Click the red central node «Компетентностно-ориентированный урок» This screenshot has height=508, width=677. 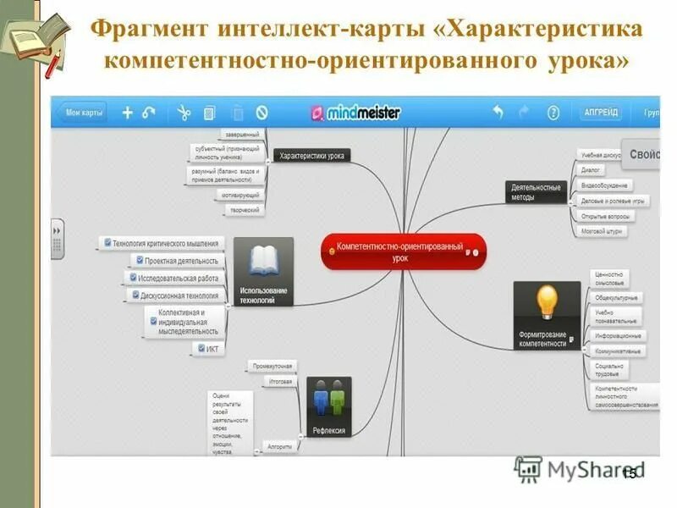pyautogui.click(x=403, y=251)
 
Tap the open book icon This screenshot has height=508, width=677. pyautogui.click(x=263, y=259)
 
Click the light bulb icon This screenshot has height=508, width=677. pyautogui.click(x=547, y=301)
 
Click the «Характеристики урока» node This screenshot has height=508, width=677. pyautogui.click(x=311, y=156)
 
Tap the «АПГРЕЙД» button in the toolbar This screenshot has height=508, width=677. pyautogui.click(x=601, y=113)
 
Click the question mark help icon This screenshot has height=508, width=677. pyautogui.click(x=553, y=113)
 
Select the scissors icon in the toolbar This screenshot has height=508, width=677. pyautogui.click(x=183, y=113)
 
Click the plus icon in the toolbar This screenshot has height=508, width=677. pyautogui.click(x=128, y=113)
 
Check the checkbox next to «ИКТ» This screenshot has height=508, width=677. pyautogui.click(x=201, y=348)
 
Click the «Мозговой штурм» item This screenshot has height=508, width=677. pyautogui.click(x=602, y=230)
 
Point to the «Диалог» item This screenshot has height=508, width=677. pyautogui.click(x=591, y=170)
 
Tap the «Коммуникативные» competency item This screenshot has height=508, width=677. pyautogui.click(x=616, y=351)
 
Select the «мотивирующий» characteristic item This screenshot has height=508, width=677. pyautogui.click(x=240, y=195)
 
